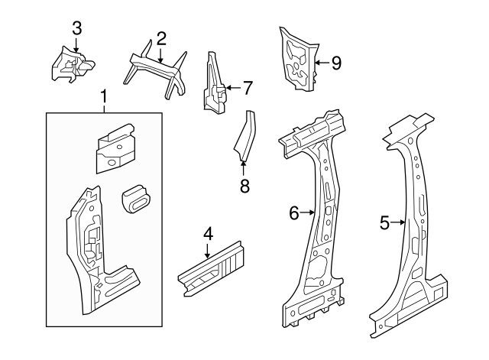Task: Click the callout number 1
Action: click(104, 97)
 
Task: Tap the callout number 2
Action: click(161, 38)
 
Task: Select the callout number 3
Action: click(76, 28)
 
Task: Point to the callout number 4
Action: click(207, 235)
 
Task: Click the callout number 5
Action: click(384, 222)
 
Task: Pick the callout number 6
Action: click(293, 213)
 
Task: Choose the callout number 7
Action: click(247, 88)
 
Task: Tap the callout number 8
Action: click(244, 186)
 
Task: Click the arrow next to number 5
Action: click(399, 222)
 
